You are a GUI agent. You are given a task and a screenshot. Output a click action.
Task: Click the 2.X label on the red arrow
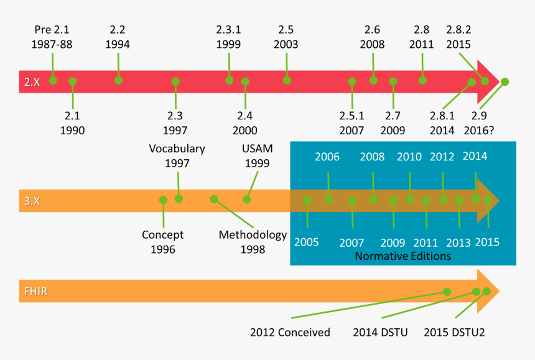pos(32,81)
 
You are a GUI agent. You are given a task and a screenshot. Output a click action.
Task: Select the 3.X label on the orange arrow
pos(32,201)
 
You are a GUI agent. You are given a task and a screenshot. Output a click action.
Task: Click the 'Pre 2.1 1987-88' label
pos(53,37)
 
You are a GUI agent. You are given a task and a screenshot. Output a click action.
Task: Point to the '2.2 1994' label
pos(118,37)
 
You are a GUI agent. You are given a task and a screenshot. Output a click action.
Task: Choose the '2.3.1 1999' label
pos(229,37)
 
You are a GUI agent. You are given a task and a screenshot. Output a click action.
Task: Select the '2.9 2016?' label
pos(480,122)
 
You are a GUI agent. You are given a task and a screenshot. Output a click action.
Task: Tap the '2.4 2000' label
pos(245,122)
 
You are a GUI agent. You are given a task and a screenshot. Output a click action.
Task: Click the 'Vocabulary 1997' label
pos(177,156)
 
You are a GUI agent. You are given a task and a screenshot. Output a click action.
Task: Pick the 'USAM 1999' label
pos(257,156)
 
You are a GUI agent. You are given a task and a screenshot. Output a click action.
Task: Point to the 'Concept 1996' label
pos(162,242)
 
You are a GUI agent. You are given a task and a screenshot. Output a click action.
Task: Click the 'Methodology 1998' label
pos(253,242)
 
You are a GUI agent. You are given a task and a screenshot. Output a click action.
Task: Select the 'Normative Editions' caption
pos(402,256)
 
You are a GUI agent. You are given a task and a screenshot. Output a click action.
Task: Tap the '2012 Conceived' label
pos(290,332)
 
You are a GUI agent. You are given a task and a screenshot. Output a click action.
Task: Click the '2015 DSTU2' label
pos(454,332)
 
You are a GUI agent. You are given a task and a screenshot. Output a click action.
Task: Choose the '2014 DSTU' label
pos(380,332)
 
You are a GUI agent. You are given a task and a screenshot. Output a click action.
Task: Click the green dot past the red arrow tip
pos(505,81)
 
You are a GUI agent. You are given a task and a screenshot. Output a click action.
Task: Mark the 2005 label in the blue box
pos(307,242)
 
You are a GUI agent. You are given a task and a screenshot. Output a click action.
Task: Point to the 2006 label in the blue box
pos(327,157)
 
